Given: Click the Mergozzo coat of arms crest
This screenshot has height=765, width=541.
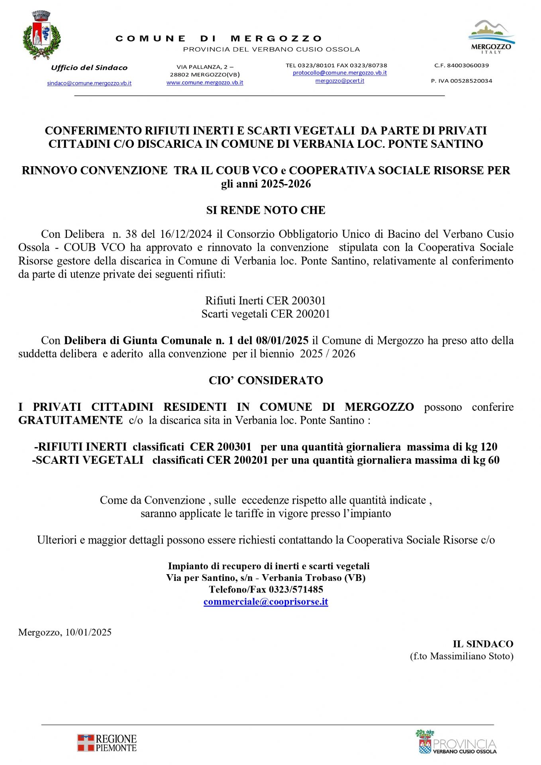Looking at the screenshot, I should [x=41, y=35].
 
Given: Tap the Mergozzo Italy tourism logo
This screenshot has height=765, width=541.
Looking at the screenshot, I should [x=491, y=37].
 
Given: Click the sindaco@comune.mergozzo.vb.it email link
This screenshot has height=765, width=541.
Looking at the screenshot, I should [x=89, y=83].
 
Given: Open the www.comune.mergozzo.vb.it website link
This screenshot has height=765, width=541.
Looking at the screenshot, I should [x=205, y=82].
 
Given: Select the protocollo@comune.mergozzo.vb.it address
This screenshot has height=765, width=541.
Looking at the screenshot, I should [x=339, y=73].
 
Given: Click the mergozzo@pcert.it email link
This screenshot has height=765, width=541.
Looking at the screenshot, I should [x=339, y=80].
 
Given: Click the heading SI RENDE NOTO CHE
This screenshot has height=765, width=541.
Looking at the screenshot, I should [x=266, y=210].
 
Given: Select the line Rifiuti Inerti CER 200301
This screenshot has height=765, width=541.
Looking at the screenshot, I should [x=266, y=300].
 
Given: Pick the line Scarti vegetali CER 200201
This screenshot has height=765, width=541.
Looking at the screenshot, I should [x=266, y=314].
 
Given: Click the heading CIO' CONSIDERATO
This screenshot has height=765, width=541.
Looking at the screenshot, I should [x=266, y=380].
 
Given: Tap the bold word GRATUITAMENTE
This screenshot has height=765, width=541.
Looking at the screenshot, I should [x=71, y=420].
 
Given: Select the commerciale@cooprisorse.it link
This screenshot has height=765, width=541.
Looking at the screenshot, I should [x=266, y=601].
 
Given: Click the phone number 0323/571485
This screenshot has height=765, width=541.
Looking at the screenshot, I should [x=296, y=589].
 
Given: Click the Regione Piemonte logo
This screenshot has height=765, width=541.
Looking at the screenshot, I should [x=107, y=743].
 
